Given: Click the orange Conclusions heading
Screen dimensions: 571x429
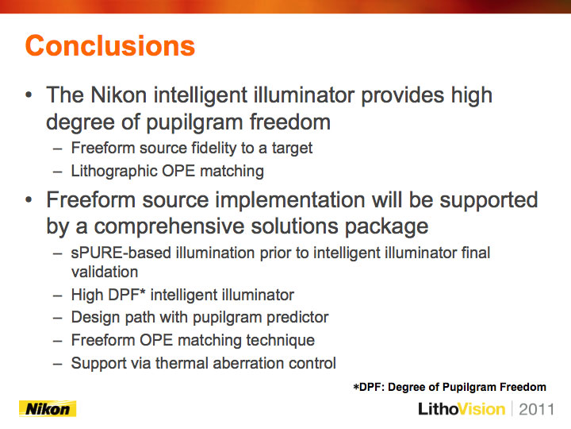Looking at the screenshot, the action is (x=110, y=46).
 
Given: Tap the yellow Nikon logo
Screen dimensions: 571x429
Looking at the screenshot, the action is (x=48, y=408).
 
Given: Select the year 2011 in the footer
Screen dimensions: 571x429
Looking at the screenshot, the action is (x=536, y=409).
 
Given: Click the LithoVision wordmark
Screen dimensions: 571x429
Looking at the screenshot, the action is (x=462, y=409).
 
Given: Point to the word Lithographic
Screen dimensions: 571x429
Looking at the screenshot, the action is (x=115, y=171).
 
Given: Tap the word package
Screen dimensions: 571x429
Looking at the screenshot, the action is (x=386, y=227).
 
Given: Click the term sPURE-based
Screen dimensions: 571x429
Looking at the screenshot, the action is (x=121, y=253).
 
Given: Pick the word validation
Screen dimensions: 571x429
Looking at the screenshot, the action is (x=105, y=272).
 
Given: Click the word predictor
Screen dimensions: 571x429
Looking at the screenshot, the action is (x=297, y=317).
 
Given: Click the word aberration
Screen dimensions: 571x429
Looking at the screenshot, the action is (x=248, y=363).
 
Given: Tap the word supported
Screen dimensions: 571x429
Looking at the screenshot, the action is (x=489, y=201).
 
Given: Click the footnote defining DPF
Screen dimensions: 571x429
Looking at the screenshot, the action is (x=450, y=387).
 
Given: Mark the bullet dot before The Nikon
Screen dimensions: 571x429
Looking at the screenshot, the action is (x=29, y=95).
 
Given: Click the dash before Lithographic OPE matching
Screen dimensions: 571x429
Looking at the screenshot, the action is (x=58, y=172).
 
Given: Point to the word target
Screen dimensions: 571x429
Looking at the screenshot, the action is (x=292, y=149).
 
